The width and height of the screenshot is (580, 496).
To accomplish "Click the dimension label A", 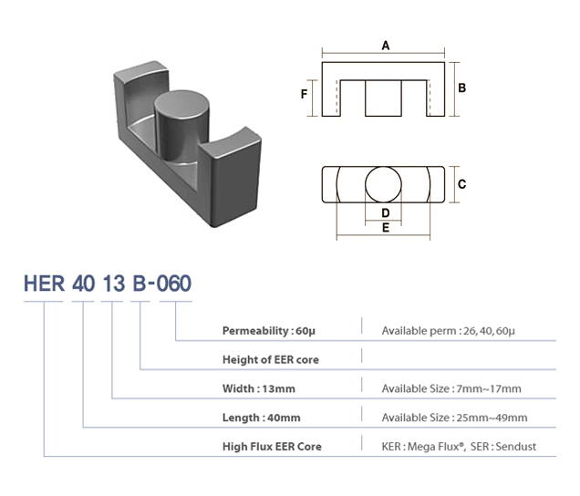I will point(386,45).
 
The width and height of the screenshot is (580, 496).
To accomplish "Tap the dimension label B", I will point(462,88).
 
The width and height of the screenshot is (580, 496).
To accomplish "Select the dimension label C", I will point(462,184).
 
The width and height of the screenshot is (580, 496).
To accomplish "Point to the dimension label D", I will point(385,212).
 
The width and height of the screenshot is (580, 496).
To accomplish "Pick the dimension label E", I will point(385,228).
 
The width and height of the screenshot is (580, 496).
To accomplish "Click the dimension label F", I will point(305,93).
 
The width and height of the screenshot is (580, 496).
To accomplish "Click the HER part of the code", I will point(44,283).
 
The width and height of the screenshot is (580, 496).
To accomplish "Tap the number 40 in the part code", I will point(83,283).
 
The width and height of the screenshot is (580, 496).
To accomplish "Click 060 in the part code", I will point(173,283).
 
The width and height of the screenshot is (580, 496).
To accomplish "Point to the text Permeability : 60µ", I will point(268,330).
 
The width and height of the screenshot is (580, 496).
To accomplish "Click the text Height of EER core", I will point(271,359).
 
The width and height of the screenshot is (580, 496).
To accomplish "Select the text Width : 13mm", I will point(261,388).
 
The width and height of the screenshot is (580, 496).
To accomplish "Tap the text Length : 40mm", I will point(262,418).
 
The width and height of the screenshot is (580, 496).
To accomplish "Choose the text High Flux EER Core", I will point(272,447).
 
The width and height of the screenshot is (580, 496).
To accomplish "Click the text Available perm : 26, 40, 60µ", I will point(450,330).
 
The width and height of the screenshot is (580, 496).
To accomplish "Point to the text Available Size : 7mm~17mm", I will point(451,388).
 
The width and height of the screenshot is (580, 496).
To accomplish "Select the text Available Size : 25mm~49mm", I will point(454,418).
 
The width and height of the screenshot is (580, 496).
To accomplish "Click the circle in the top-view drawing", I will point(385,184).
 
